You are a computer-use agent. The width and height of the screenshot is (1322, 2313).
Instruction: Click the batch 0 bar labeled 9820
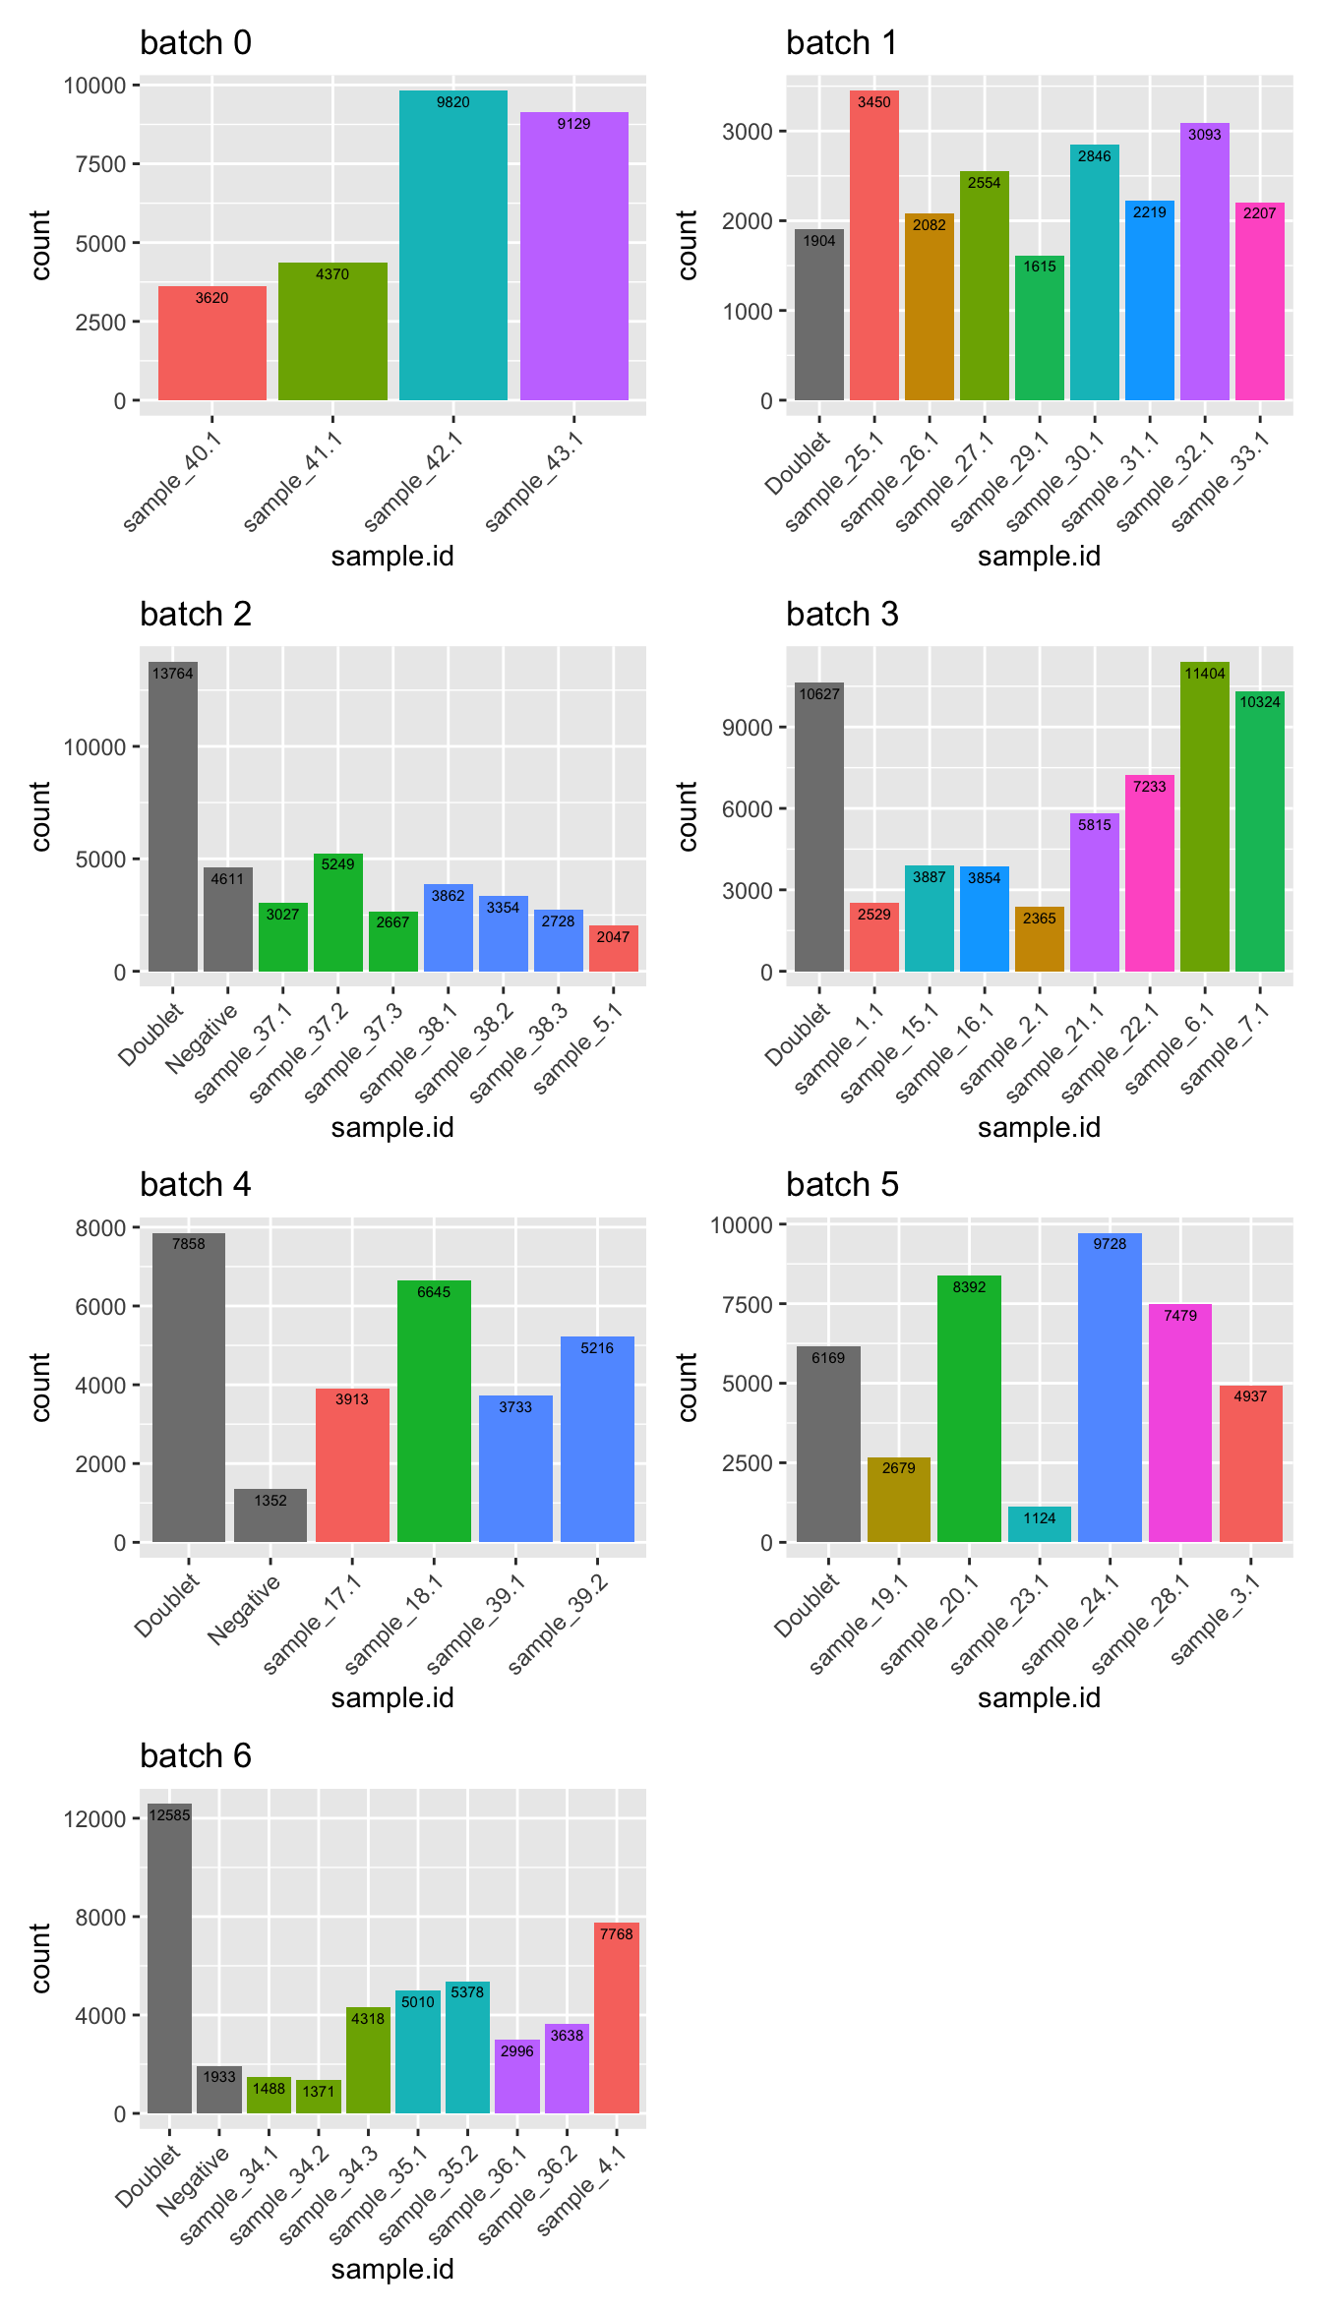coord(452,246)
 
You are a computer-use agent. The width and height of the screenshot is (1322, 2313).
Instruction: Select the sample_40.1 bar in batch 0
coord(211,344)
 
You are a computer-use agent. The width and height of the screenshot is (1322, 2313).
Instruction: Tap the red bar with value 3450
coord(873,246)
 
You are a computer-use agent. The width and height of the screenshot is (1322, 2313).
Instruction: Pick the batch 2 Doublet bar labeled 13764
coord(172,816)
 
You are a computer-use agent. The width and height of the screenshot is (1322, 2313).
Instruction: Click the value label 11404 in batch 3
coord(1204,674)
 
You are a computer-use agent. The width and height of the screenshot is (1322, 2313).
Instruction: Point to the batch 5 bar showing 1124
coord(1039,1524)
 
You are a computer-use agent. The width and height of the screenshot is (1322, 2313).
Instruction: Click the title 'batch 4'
coord(196,1184)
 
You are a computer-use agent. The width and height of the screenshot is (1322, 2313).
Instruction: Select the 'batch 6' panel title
coord(196,1755)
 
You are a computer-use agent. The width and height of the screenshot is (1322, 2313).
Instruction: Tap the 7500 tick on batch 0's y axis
coord(100,164)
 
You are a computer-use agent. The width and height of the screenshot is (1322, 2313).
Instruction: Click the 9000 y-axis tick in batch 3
coord(747,728)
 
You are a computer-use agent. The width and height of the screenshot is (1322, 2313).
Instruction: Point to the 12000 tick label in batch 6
coord(94,1819)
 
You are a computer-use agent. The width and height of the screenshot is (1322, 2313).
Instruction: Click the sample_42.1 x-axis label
coord(413,482)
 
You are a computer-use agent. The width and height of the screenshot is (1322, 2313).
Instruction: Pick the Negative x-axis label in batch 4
coord(244,1610)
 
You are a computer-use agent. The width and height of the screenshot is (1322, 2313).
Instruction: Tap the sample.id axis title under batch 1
coord(1039,557)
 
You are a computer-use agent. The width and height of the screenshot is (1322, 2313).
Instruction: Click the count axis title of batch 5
coord(688,1387)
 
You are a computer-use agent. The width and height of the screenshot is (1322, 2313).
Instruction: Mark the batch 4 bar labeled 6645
coord(434,1411)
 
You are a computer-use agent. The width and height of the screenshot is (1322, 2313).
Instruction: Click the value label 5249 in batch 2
coord(337,864)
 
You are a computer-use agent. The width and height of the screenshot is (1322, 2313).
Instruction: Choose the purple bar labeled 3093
coord(1204,261)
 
